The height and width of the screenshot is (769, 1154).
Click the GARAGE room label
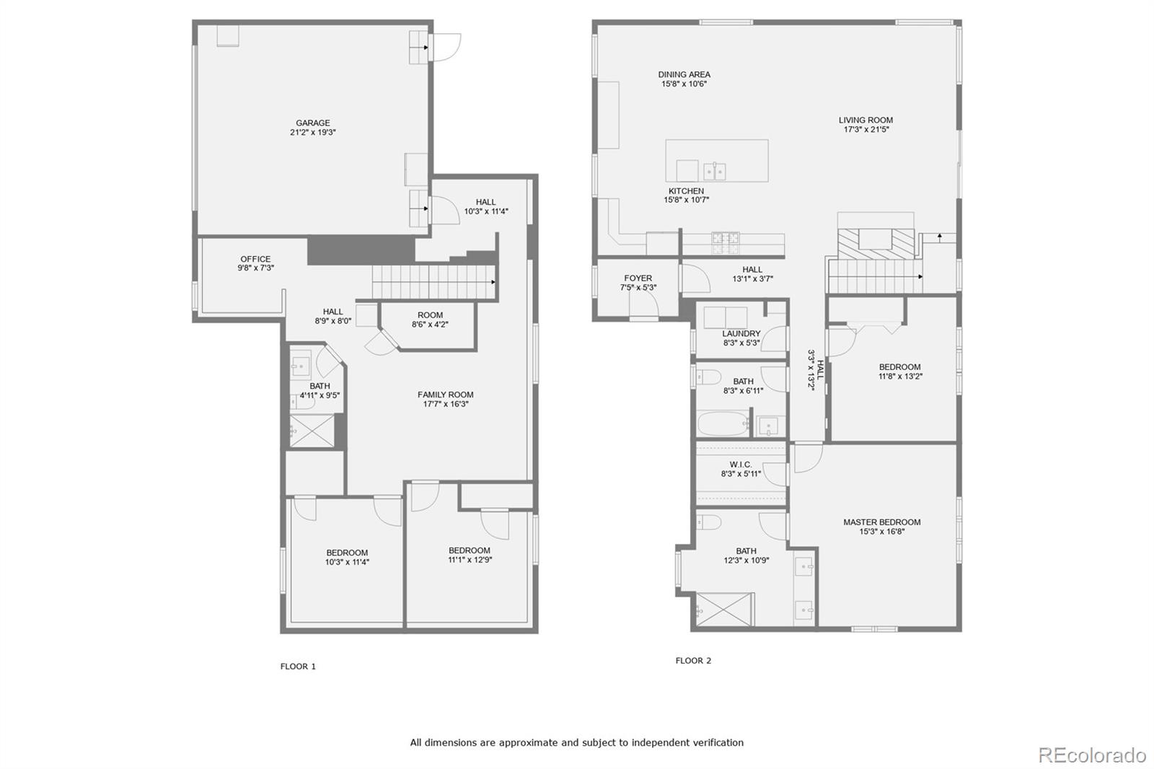312,123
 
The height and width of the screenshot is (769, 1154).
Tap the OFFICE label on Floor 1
255,259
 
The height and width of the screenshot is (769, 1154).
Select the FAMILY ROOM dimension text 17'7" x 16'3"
446,404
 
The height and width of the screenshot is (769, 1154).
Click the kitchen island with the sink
716,161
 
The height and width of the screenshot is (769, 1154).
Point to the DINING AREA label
684,74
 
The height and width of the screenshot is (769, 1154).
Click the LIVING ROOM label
865,120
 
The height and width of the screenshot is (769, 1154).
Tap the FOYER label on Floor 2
638,278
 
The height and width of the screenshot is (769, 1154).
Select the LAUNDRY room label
741,333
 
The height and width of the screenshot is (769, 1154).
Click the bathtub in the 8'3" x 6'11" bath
723,423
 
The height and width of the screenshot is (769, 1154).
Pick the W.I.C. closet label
740,465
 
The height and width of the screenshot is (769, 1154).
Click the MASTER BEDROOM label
881,522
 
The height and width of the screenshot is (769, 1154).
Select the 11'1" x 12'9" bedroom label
469,550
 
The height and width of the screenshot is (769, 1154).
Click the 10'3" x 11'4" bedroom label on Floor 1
347,553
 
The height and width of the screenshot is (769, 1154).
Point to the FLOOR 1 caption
298,667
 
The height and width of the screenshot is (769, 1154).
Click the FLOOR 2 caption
693,661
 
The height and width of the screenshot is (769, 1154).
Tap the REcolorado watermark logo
1091,755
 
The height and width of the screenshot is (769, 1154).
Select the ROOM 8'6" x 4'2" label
430,315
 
